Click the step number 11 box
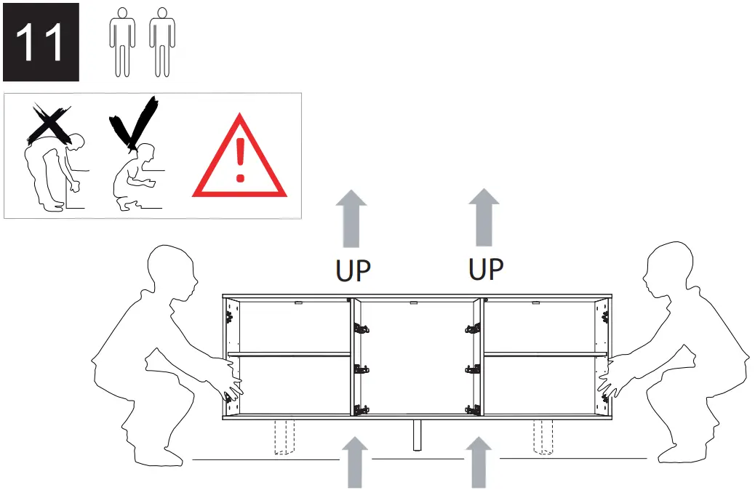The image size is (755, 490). tap(41, 43)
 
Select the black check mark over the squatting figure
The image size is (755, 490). tap(135, 124)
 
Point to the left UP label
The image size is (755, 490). tap(353, 270)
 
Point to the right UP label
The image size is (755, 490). tap(485, 268)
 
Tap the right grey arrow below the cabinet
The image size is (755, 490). tap(478, 461)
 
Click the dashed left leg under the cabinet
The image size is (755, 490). tap(286, 437)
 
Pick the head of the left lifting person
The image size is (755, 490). tap(172, 273)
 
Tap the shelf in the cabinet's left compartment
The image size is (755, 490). tap(289, 355)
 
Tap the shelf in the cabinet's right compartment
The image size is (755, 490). tap(545, 355)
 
